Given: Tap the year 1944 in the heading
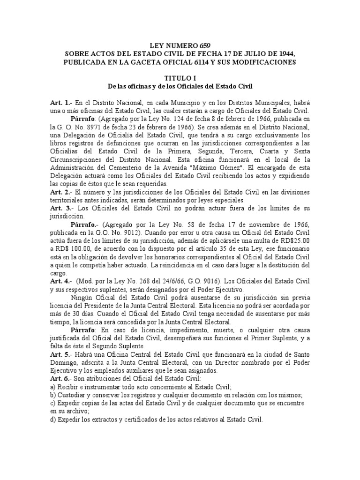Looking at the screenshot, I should pyautogui.click(x=286, y=54).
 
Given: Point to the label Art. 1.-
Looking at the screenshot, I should pyautogui.click(x=60, y=102).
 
